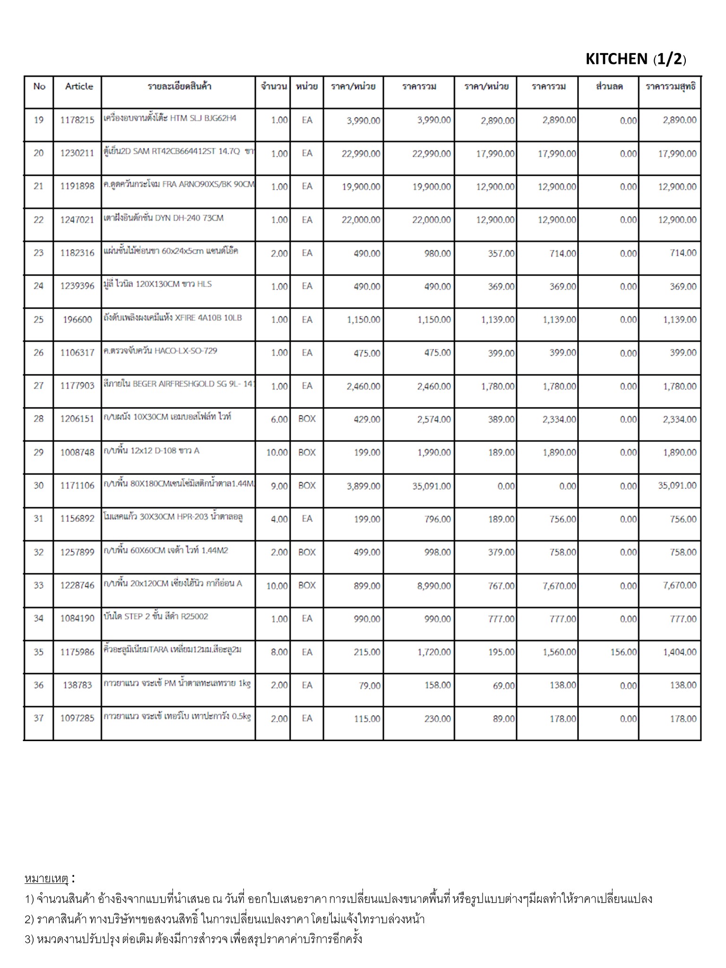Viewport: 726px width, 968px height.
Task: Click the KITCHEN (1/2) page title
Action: click(x=636, y=59)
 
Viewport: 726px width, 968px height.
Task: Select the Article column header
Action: click(x=79, y=86)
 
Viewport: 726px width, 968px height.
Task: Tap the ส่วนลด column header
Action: click(x=609, y=86)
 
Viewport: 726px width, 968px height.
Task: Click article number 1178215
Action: click(x=77, y=120)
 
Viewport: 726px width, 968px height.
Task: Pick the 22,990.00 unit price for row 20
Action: click(x=361, y=154)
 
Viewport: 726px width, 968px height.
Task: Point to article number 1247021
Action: click(x=77, y=220)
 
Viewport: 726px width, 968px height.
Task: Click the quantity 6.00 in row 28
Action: click(x=279, y=419)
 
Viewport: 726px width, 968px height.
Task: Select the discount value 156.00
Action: click(x=623, y=652)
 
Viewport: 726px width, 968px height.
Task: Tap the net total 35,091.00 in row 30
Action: click(x=677, y=485)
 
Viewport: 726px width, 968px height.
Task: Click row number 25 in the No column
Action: click(x=38, y=320)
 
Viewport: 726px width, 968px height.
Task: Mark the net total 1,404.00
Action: click(x=680, y=652)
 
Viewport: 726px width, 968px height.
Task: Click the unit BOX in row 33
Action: click(x=307, y=585)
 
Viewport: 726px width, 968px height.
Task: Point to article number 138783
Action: click(x=77, y=685)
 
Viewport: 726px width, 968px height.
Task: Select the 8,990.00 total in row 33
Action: click(x=431, y=586)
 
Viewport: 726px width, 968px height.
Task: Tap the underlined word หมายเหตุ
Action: click(x=46, y=879)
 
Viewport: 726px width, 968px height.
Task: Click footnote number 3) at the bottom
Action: click(x=30, y=939)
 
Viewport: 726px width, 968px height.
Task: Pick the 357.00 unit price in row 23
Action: click(x=501, y=253)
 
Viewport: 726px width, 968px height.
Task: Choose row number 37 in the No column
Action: click(x=38, y=718)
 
